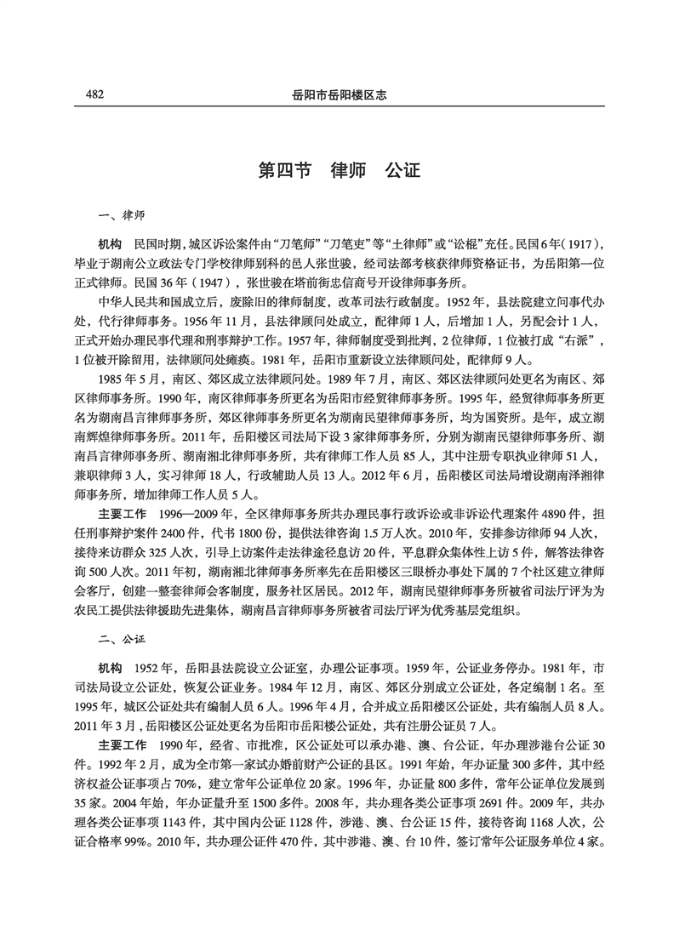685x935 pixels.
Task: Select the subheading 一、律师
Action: coord(122,216)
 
